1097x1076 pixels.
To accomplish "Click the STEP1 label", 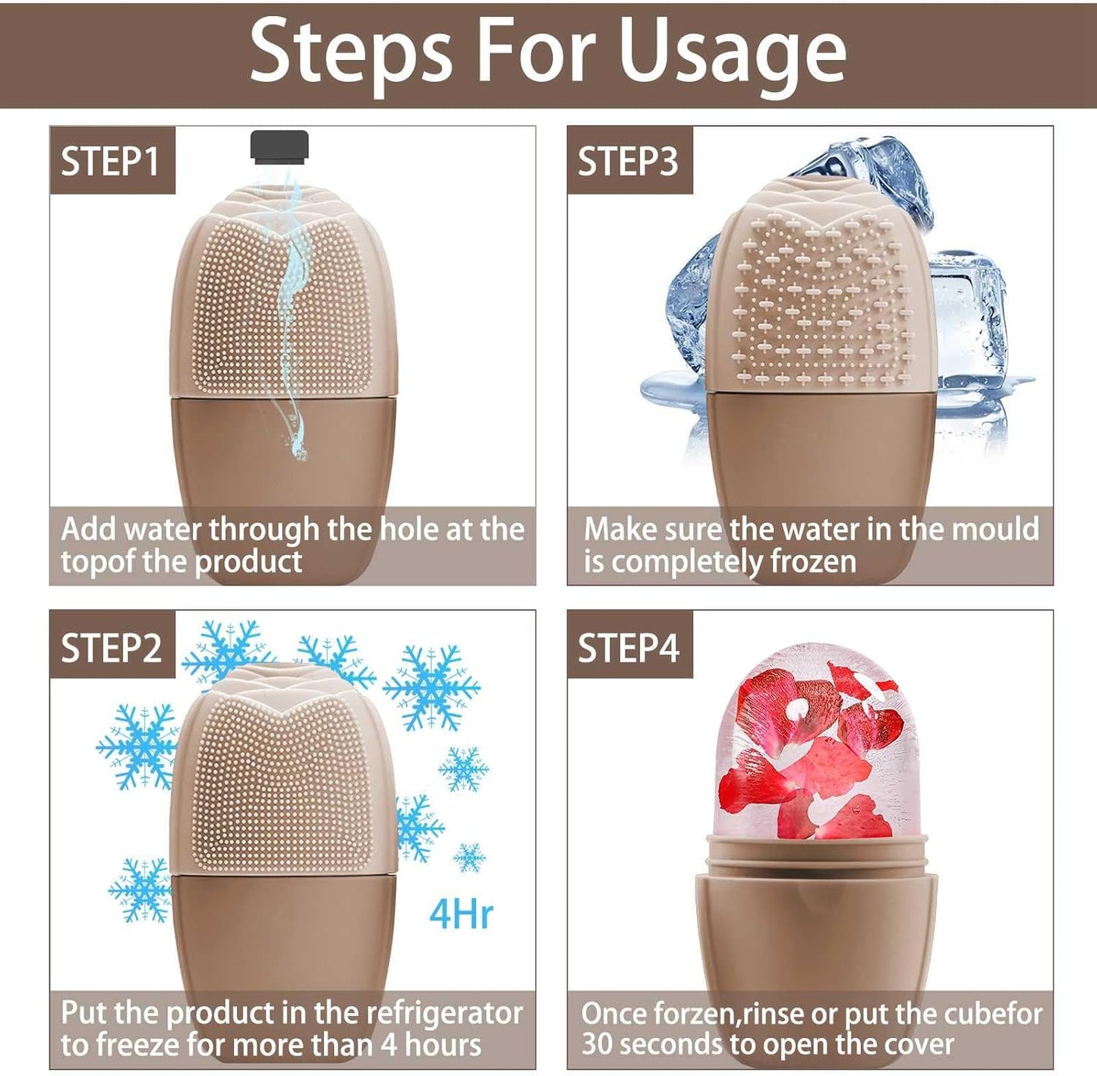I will click(x=111, y=161).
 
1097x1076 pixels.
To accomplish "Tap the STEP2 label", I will click(x=111, y=648).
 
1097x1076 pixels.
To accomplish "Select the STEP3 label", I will click(x=628, y=161).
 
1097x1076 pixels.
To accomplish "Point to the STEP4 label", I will click(x=628, y=648).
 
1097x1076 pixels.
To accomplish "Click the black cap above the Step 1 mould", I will click(x=279, y=147).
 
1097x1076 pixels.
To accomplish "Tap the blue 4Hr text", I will click(x=461, y=913).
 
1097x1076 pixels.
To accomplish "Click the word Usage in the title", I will click(x=732, y=53).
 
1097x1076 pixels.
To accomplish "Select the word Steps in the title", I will click(x=351, y=53).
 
